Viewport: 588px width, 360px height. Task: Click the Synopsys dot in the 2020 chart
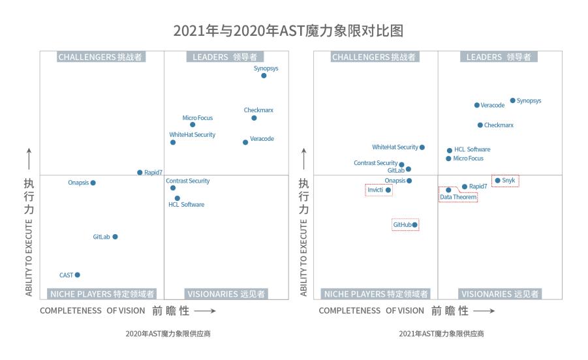pos(264,76)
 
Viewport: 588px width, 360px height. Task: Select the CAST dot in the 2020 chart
pos(78,275)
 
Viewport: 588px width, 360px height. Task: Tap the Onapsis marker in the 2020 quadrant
pos(93,183)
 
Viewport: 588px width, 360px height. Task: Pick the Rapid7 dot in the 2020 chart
pos(140,172)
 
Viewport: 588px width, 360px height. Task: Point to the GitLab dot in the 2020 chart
pos(115,237)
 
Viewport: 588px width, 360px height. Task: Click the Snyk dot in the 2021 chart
pos(497,180)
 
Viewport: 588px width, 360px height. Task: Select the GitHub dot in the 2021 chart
pos(414,225)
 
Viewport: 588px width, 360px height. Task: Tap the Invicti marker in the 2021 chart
pos(388,190)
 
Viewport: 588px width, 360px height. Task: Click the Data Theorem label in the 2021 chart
pos(458,197)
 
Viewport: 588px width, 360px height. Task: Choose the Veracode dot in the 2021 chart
pos(476,104)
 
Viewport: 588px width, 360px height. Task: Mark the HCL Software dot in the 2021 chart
pos(449,150)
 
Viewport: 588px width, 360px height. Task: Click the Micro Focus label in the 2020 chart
pos(198,118)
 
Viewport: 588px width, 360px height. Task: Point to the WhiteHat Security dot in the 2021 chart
pos(422,147)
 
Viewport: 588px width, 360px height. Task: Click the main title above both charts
pos(294,31)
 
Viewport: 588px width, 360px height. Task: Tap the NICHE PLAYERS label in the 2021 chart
pos(375,294)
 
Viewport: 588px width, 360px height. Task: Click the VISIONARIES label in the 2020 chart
pos(226,294)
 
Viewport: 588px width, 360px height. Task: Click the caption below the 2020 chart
pos(168,334)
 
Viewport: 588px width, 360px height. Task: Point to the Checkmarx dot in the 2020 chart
pos(254,118)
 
